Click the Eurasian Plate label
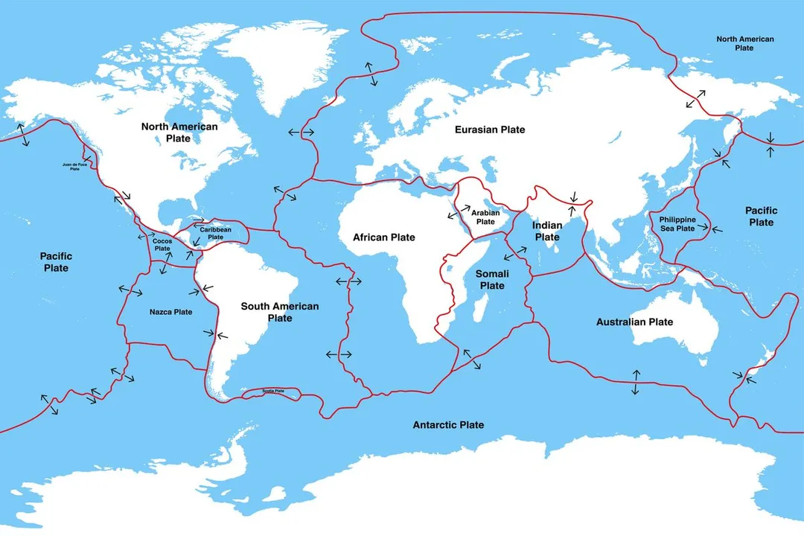(490, 130)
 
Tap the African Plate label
(383, 237)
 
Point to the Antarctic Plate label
(448, 425)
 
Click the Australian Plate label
(634, 322)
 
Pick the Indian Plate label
(547, 231)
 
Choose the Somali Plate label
(492, 280)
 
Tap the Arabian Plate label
(485, 217)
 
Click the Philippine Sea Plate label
(677, 224)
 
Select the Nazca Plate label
(170, 312)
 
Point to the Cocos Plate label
(162, 245)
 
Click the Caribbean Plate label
(215, 233)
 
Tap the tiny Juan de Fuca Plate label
(74, 167)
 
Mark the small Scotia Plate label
(273, 391)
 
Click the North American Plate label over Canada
(179, 132)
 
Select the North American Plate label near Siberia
(744, 43)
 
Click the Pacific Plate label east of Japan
(761, 217)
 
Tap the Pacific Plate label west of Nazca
(56, 262)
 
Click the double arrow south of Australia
(635, 381)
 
